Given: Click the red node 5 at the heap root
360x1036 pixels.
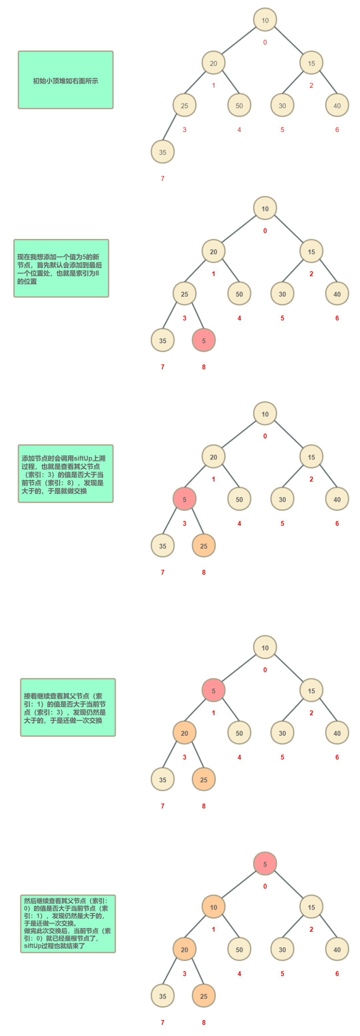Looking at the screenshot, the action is [x=265, y=863].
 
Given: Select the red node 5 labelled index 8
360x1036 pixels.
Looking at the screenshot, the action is [x=204, y=340].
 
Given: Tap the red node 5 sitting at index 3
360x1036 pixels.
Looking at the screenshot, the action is [x=184, y=499].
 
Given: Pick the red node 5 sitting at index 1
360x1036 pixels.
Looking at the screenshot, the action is [x=213, y=690].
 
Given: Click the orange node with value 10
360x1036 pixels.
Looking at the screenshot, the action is [x=213, y=907].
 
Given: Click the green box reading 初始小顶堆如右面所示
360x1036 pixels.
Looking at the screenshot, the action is [x=66, y=80].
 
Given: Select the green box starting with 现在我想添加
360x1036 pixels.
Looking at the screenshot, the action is [x=61, y=268].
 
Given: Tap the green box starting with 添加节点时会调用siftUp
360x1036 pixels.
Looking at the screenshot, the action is [x=66, y=474].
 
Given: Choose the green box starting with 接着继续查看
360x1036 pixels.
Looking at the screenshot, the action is [x=68, y=707].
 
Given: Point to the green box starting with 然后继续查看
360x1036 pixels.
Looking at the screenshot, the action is [x=68, y=924].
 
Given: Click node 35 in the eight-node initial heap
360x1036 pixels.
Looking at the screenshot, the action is [x=163, y=152].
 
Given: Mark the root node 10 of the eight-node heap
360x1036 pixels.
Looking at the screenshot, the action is [x=265, y=20].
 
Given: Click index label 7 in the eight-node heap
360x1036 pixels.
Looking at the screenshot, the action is [x=163, y=178].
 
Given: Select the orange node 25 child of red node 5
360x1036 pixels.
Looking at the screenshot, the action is [x=204, y=546].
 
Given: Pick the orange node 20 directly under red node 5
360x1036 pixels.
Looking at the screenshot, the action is [x=184, y=733].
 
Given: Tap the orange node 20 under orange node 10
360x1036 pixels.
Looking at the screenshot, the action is [x=184, y=950].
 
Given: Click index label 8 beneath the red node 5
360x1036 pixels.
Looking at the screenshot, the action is [x=204, y=367].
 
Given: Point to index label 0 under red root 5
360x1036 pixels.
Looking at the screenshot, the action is [x=265, y=886].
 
